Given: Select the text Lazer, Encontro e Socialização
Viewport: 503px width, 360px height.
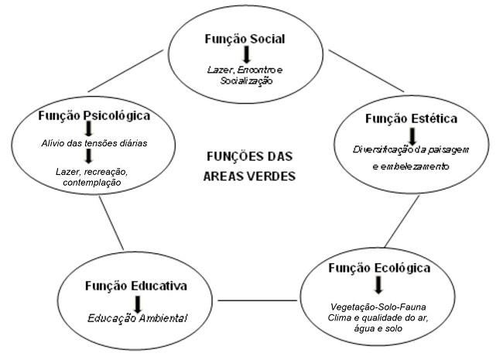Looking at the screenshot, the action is [245, 74].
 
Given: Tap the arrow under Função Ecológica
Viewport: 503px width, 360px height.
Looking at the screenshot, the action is [377, 285].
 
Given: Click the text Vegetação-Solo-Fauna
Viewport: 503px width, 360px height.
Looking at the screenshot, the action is [378, 307].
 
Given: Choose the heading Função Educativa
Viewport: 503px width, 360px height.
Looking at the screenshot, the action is [137, 286].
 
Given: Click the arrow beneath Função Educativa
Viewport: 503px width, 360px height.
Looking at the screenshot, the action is [137, 303].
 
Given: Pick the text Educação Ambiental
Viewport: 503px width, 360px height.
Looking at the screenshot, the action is [137, 318].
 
